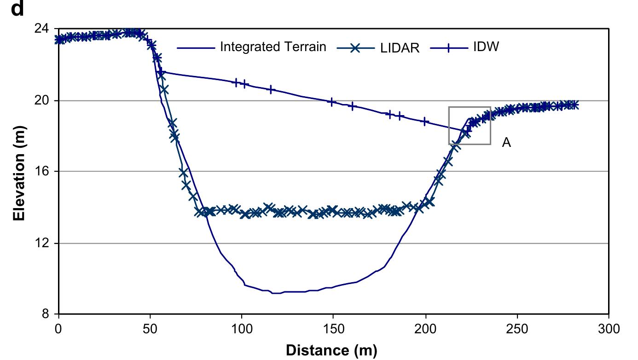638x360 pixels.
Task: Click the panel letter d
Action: tap(17, 9)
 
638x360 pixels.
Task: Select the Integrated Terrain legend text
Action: tap(273, 47)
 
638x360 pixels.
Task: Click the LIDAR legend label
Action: tap(400, 48)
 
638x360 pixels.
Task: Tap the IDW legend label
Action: tap(486, 47)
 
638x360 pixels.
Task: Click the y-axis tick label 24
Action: tap(43, 29)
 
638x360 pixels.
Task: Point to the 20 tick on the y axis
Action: tap(43, 100)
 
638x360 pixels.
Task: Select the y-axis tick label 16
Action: tap(43, 172)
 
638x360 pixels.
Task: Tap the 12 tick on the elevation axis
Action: tap(43, 243)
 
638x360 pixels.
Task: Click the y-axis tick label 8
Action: tap(46, 315)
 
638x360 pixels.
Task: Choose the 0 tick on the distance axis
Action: tap(58, 329)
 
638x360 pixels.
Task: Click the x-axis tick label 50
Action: tap(150, 329)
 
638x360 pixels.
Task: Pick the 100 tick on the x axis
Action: tap(242, 329)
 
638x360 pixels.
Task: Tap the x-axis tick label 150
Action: tap(333, 329)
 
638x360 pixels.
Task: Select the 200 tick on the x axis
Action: tap(425, 329)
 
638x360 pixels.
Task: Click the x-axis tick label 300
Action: tap(609, 329)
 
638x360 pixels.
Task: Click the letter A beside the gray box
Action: tap(506, 143)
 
